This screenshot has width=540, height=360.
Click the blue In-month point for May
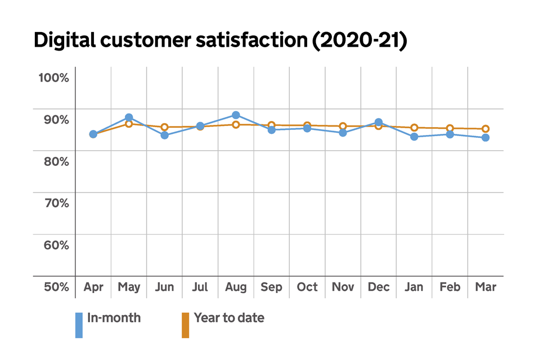(x=129, y=118)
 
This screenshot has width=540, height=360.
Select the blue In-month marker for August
(x=236, y=115)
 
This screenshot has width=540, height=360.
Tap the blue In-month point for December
(x=379, y=122)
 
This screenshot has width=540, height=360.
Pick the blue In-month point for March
(x=485, y=137)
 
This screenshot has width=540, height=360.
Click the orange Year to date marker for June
(x=164, y=127)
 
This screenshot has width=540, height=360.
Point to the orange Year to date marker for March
(x=485, y=129)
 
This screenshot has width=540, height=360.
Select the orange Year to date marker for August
(x=236, y=124)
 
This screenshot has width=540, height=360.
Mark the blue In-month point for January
(x=414, y=137)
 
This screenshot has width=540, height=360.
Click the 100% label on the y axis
(x=53, y=77)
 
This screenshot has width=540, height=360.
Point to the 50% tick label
(x=56, y=287)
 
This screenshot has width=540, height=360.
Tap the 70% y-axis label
(x=56, y=203)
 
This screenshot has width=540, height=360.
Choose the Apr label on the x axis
(x=93, y=287)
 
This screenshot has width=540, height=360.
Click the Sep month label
(x=272, y=287)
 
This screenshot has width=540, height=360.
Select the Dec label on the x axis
(x=379, y=287)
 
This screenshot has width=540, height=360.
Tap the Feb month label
(x=450, y=287)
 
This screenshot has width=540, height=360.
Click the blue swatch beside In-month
(x=79, y=325)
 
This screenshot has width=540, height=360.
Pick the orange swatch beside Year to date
(x=185, y=325)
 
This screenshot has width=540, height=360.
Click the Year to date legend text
(x=229, y=318)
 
